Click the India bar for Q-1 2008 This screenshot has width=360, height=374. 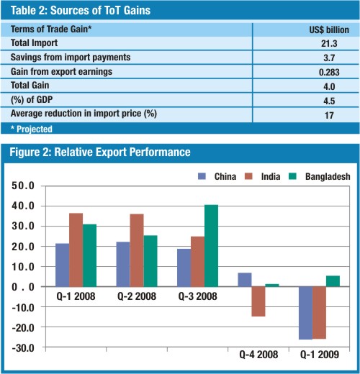click(x=76, y=250)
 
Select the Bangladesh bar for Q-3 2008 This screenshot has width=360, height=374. click(x=212, y=246)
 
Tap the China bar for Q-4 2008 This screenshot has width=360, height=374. click(x=245, y=280)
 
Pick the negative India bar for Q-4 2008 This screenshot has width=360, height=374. click(x=258, y=301)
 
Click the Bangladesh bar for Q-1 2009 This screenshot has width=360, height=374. click(x=333, y=281)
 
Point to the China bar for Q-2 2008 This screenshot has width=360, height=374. click(x=123, y=264)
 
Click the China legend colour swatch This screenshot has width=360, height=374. click(x=202, y=176)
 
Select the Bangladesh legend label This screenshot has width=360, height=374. click(x=328, y=176)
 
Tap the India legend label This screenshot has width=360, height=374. click(x=271, y=176)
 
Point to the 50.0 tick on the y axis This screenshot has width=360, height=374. click(x=23, y=186)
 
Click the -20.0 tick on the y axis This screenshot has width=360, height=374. click(x=23, y=328)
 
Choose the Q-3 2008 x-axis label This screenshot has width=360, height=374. click(x=197, y=296)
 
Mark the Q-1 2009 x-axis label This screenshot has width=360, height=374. click(x=320, y=355)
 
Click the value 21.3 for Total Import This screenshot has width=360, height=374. click(x=329, y=43)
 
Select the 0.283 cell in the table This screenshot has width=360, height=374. click(x=329, y=72)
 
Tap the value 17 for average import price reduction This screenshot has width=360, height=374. click(x=329, y=115)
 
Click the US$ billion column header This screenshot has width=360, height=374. click(x=329, y=29)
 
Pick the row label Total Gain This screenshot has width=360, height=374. click(x=30, y=85)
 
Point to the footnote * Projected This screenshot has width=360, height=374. click(x=32, y=129)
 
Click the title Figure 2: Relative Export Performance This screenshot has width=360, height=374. click(x=100, y=152)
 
